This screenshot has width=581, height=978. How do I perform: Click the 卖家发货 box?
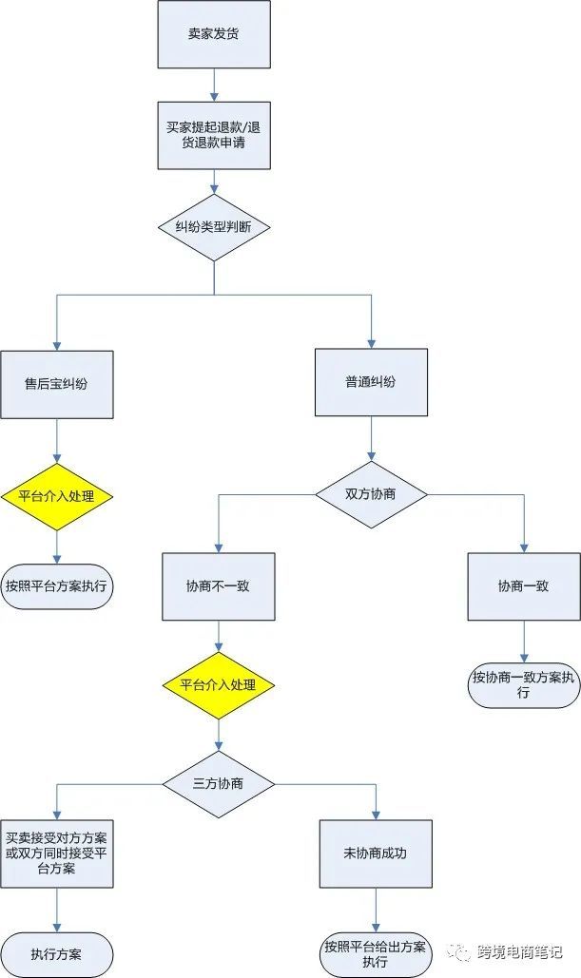click(214, 34)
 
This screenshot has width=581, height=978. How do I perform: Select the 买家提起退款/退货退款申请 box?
click(214, 136)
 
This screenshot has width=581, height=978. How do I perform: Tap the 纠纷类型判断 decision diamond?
click(214, 227)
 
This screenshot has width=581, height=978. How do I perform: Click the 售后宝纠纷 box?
click(57, 383)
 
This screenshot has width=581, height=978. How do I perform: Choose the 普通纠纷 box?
click(371, 382)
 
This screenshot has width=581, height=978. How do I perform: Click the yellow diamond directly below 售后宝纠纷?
click(57, 495)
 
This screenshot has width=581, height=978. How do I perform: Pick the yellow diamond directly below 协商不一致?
click(219, 685)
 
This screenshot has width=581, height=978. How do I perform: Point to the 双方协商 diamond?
click(371, 494)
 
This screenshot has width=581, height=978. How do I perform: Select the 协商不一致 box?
click(219, 586)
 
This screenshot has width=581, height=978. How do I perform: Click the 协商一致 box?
click(523, 586)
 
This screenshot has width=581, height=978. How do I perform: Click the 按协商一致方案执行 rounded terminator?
click(523, 685)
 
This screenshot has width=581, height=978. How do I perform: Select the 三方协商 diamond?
click(219, 784)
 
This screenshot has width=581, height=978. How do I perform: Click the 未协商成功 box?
click(376, 853)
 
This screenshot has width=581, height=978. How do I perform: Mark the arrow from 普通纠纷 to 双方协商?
click(371, 441)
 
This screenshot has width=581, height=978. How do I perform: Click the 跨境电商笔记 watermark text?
click(519, 951)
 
